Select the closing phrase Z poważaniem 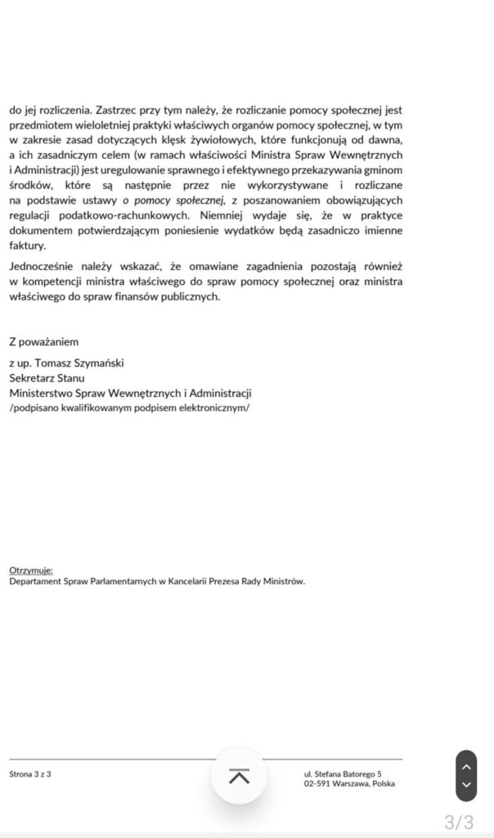[44, 341]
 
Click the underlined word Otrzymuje [31, 569]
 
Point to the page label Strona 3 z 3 [30, 773]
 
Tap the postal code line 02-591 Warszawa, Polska [348, 784]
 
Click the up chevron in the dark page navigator [465, 767]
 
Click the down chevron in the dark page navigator [465, 785]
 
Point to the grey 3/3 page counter [458, 821]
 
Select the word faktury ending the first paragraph [28, 246]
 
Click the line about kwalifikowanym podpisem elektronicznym [130, 408]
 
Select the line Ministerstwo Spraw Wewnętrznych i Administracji [130, 393]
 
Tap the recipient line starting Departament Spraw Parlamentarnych [157, 581]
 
